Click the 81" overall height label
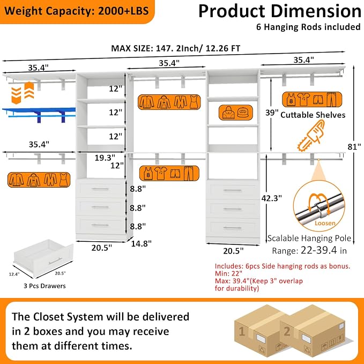[354, 147]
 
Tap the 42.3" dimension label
[271, 198]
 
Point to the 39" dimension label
[272, 113]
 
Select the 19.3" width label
[105, 158]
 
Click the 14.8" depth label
[141, 243]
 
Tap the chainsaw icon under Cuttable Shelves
[311, 136]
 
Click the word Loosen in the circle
[325, 223]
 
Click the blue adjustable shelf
[39, 113]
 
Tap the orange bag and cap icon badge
[236, 113]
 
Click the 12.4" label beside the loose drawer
[14, 274]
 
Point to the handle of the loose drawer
[55, 261]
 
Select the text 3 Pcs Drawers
[44, 286]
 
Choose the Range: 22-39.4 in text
[309, 250]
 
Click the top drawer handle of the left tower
[100, 189]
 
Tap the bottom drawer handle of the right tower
[233, 228]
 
